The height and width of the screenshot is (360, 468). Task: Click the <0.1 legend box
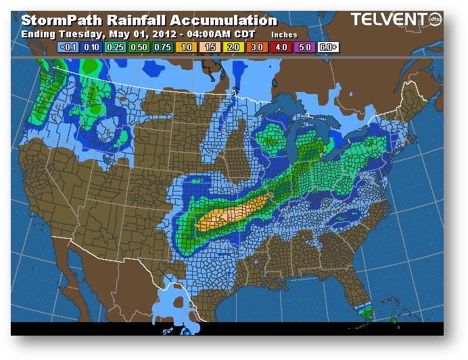tap(68, 48)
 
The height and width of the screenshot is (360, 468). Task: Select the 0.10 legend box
tap(91, 48)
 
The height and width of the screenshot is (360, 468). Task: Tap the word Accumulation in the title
tap(220, 20)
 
